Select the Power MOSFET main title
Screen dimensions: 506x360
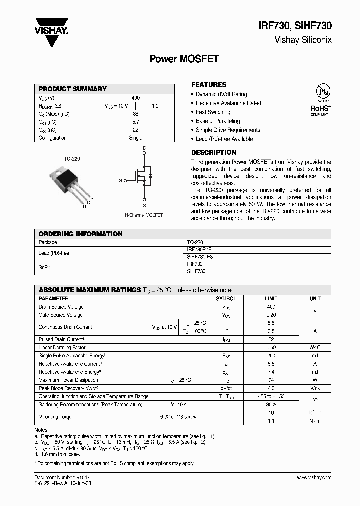click(x=184, y=59)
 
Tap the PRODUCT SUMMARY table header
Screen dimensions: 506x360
click(x=73, y=89)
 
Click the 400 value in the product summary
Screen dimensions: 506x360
click(x=136, y=98)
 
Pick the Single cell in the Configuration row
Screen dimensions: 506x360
click(x=136, y=138)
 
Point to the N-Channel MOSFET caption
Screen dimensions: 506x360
click(x=144, y=215)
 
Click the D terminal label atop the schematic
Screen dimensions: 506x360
click(x=144, y=148)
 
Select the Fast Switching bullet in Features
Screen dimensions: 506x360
click(x=213, y=112)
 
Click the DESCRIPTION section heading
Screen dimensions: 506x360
click(x=214, y=152)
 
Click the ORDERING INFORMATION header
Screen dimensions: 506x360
click(x=80, y=234)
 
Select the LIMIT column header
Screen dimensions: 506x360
click(x=271, y=298)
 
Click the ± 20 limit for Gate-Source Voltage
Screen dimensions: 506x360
click(x=271, y=315)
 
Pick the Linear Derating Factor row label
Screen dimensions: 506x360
click(x=62, y=347)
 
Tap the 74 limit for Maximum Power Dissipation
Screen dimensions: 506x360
click(x=271, y=380)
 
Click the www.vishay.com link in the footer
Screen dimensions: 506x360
click(x=314, y=478)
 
